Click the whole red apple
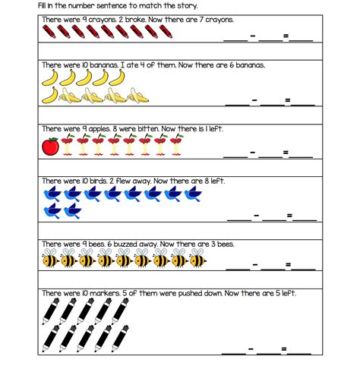[x=51, y=147]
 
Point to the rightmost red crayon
[x=163, y=32]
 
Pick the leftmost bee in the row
[x=51, y=260]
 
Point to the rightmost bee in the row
[x=197, y=260]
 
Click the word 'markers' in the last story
[x=106, y=293]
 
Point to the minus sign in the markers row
[x=251, y=349]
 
